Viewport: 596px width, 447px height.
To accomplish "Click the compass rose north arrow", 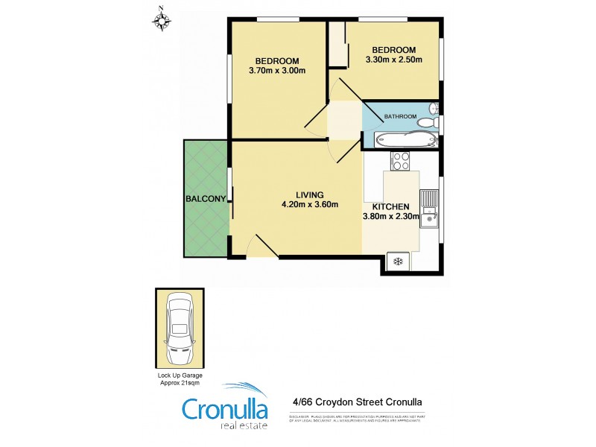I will [161, 19].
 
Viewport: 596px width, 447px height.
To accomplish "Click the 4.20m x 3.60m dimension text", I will [310, 205].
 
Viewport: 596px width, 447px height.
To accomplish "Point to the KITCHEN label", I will [386, 206].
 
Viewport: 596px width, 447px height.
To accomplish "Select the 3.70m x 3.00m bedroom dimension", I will [277, 71].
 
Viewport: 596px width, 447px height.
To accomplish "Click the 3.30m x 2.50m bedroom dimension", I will [393, 60].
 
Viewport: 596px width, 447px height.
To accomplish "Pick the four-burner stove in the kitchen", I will [401, 159].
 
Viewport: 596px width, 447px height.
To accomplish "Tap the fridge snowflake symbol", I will [398, 261].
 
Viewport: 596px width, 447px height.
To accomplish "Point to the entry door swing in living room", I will [256, 245].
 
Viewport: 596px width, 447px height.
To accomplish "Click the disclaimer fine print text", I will [360, 419].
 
